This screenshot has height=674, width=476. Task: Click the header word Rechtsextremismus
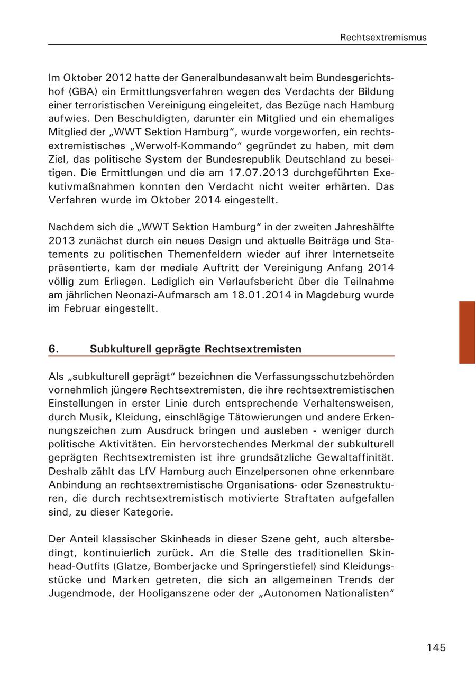(383, 38)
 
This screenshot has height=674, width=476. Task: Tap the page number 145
(436, 648)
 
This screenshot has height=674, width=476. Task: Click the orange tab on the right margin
(467, 332)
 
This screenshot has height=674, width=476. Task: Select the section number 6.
(53, 349)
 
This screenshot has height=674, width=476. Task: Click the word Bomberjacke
(193, 566)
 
